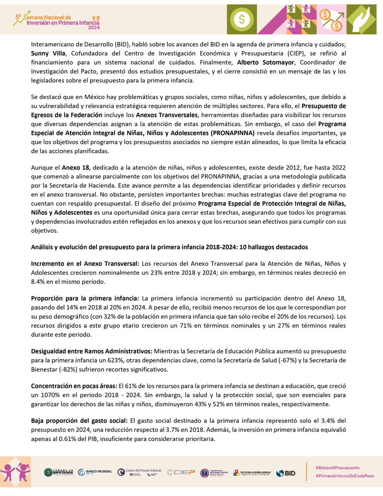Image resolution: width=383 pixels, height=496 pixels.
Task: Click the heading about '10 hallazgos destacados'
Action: (169, 248)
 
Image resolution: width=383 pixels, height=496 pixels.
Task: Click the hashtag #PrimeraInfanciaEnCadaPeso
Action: (345, 476)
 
